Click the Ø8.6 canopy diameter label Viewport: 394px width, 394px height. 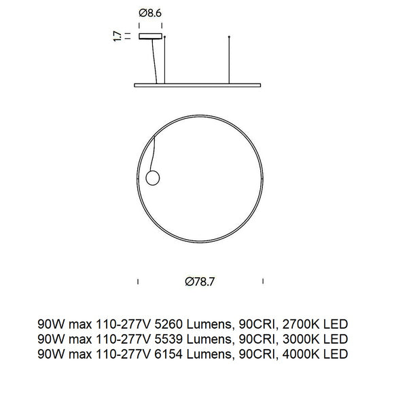click(x=149, y=12)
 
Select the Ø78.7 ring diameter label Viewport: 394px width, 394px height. click(x=200, y=280)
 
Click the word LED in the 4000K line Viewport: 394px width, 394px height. click(x=336, y=354)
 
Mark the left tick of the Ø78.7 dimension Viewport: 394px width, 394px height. click(x=138, y=280)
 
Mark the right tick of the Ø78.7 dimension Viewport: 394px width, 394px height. click(x=264, y=280)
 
